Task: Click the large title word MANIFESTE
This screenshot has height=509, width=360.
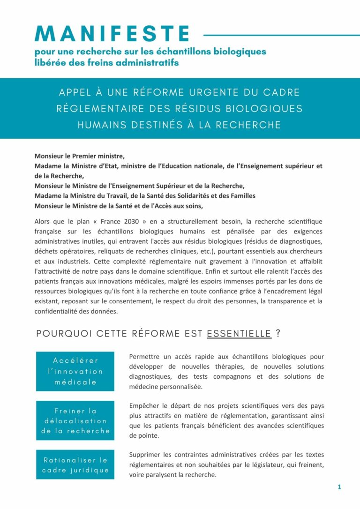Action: pyautogui.click(x=112, y=34)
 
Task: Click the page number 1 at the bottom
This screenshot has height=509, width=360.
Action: pyautogui.click(x=339, y=487)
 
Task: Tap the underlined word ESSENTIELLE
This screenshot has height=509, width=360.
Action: pyautogui.click(x=239, y=334)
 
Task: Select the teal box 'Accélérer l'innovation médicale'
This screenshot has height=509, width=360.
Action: pyautogui.click(x=75, y=371)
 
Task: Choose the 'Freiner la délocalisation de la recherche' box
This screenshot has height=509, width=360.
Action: pyautogui.click(x=75, y=421)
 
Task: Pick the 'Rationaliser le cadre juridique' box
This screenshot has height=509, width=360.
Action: pyautogui.click(x=75, y=464)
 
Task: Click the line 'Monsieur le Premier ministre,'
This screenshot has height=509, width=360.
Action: pyautogui.click(x=80, y=156)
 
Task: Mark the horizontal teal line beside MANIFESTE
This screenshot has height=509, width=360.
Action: pyautogui.click(x=281, y=35)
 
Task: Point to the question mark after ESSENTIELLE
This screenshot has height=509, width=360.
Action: pyautogui.click(x=278, y=334)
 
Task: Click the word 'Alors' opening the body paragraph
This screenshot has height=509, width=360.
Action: pyautogui.click(x=43, y=221)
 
